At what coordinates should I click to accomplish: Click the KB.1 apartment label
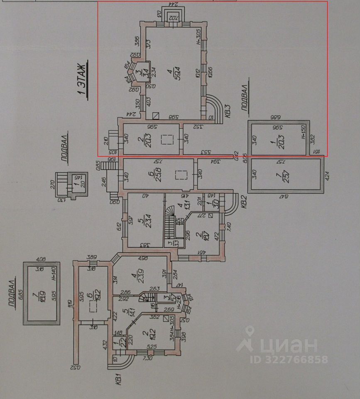click(x=118, y=380)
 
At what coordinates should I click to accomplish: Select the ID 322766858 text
click(x=282, y=360)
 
